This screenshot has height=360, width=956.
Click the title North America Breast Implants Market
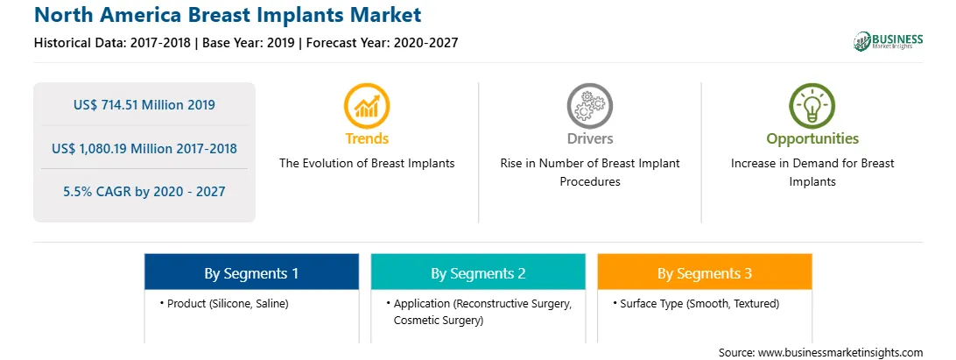pos(228,15)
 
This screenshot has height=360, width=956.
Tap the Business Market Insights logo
pos(889,41)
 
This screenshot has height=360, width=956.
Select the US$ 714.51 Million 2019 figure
pos(144,105)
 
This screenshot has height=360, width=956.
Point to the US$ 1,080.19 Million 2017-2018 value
pos(144,148)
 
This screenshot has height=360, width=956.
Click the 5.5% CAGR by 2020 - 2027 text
pos(144,192)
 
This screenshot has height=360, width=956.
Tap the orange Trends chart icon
pos(367,106)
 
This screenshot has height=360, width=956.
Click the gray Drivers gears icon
pos(589,106)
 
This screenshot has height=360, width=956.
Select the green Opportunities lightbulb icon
pos(812,106)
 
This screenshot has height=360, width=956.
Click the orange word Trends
pos(367,139)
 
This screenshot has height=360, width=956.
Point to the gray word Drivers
pos(589,139)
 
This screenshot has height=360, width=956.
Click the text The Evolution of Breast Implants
pos(367,164)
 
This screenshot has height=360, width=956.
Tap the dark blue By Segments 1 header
pos(252,272)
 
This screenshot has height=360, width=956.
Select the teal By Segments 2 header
pos(478,272)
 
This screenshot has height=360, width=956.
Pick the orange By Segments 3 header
pos(705,272)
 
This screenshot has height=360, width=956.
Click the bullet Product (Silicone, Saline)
pos(225,303)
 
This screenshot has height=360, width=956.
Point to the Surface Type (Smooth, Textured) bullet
pos(696,303)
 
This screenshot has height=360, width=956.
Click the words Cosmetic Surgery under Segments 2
pos(437,321)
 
